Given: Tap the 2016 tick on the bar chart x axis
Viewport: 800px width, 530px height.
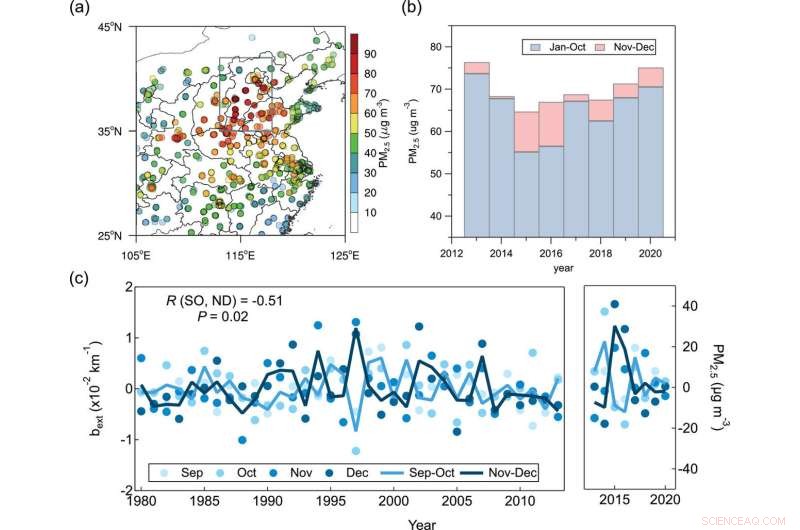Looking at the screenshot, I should (552, 254).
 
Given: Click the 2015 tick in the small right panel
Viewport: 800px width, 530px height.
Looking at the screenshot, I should (616, 500).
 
